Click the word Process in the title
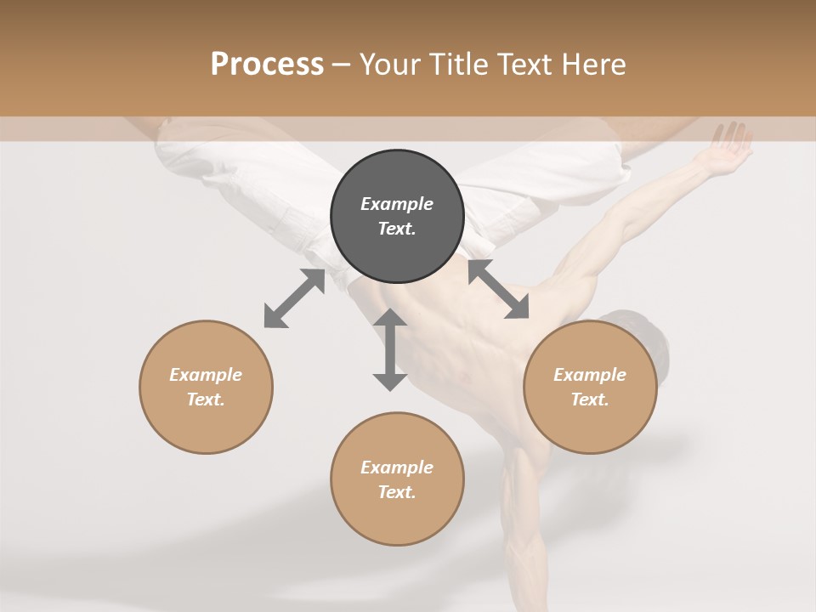[267, 64]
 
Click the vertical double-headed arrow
[390, 349]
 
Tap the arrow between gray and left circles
[294, 298]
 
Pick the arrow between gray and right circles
[498, 289]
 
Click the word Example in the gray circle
[397, 204]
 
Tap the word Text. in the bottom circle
[397, 492]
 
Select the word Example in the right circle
[590, 375]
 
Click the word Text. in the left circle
[206, 399]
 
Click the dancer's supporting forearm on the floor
[523, 544]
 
